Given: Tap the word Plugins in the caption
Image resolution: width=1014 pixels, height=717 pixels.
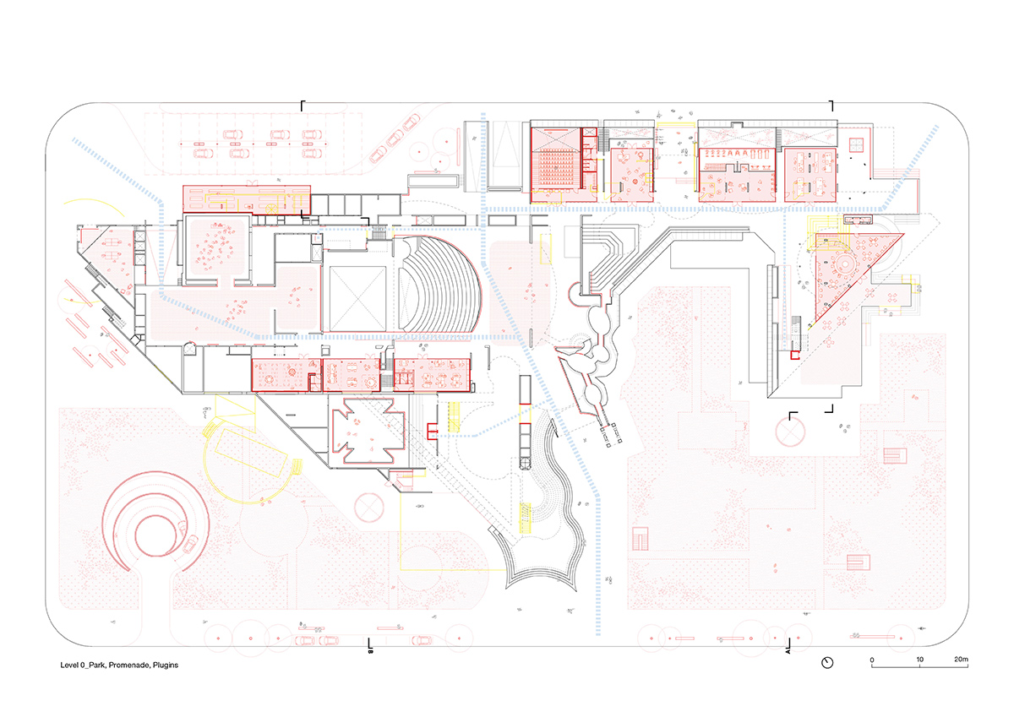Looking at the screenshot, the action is click(166, 665).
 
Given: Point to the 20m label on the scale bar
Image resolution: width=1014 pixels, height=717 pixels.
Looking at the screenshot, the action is click(961, 659).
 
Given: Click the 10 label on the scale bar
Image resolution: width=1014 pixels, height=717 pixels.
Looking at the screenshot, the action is click(919, 659).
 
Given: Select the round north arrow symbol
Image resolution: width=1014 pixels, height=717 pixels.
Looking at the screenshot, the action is click(827, 663).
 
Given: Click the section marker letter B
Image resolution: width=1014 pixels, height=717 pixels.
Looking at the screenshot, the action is click(370, 651).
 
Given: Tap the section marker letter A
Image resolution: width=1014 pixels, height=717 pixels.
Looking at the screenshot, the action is click(788, 651).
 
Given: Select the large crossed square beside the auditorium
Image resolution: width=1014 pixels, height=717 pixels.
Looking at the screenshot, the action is click(357, 299).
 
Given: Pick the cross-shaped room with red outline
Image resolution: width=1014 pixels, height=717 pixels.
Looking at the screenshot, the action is click(368, 431).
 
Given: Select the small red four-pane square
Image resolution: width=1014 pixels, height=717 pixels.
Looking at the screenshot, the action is click(857, 144).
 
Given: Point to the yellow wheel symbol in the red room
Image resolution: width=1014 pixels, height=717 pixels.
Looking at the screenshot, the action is click(271, 208).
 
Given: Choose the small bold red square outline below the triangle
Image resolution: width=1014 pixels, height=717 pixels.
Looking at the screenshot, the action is click(795, 356).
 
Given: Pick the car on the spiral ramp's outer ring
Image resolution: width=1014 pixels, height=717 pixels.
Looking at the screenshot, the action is click(190, 542).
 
